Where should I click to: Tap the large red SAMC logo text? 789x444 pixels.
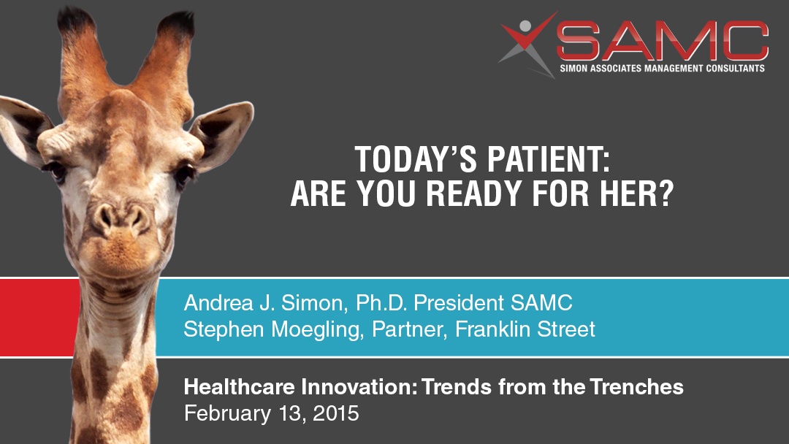[x=662, y=41]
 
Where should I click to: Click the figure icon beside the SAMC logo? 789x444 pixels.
[x=526, y=45]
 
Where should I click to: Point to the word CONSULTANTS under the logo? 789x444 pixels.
[x=735, y=68]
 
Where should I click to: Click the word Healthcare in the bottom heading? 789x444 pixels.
[x=240, y=387]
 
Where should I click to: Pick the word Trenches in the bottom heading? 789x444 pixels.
[x=637, y=387]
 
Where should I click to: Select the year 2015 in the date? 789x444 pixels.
[x=336, y=413]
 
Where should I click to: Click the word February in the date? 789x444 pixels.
[x=228, y=414]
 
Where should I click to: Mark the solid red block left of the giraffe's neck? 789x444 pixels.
[x=39, y=317]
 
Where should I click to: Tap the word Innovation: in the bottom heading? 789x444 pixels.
[x=359, y=387]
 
